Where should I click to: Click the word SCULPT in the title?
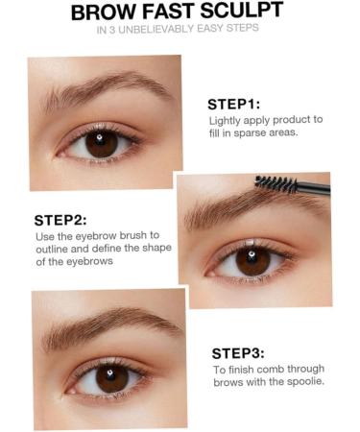pyautogui.click(x=242, y=11)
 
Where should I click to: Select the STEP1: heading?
pyautogui.click(x=234, y=104)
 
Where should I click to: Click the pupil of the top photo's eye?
pyautogui.click(x=102, y=143)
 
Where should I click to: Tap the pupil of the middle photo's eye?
pyautogui.click(x=253, y=261)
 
